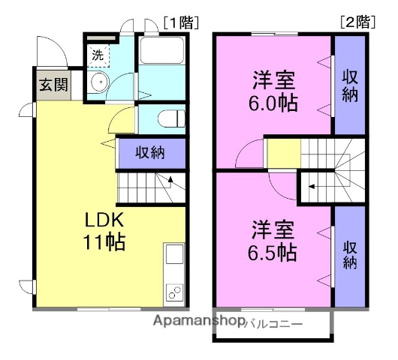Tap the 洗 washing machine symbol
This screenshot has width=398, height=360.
98,55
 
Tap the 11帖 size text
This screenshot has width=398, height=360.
104,242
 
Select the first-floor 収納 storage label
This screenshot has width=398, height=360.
151,152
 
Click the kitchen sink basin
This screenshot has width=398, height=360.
174,255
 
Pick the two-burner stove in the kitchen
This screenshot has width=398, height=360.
174,290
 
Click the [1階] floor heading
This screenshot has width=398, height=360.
179,22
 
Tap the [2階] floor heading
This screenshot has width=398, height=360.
357,22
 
